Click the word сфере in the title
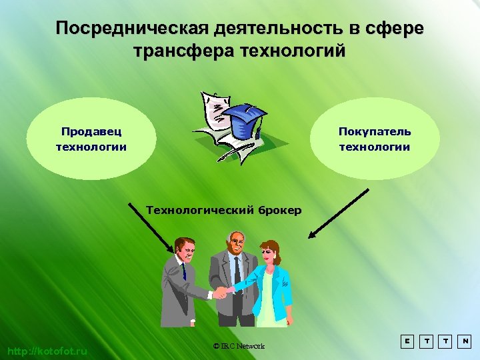(x=399, y=29)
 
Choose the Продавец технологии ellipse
(x=91, y=139)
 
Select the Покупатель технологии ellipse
(x=375, y=139)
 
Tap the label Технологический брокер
(x=223, y=211)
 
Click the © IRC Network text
(x=239, y=346)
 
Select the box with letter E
(x=406, y=341)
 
